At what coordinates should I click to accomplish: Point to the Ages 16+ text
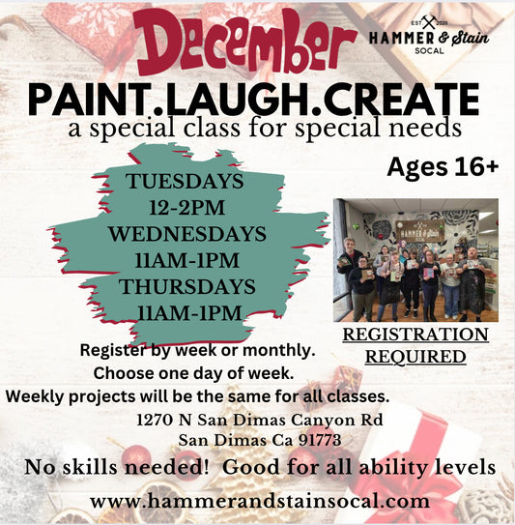tap(443, 166)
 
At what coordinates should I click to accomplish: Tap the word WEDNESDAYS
tap(187, 234)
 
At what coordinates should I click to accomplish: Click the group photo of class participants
tap(415, 259)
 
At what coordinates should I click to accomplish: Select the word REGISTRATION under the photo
tap(416, 335)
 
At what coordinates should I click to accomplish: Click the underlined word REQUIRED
tap(416, 356)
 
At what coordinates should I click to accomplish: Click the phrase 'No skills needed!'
tap(92, 468)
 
